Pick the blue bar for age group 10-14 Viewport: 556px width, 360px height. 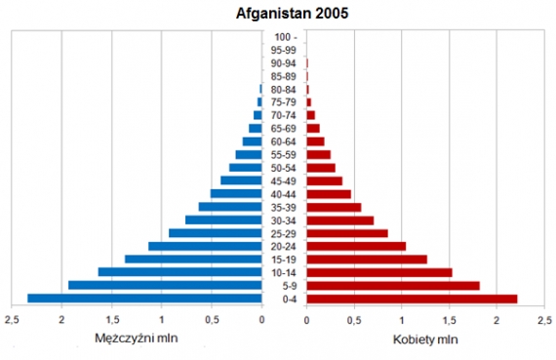click(179, 272)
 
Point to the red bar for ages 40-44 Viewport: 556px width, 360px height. click(329, 193)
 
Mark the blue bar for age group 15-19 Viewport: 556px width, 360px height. click(193, 259)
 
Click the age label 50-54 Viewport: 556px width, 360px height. click(284, 167)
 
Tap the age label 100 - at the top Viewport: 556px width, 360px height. click(284, 36)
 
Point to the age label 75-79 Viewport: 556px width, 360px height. click(284, 101)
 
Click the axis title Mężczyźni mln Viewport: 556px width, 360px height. click(137, 339)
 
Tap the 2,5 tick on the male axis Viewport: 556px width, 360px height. click(13, 318)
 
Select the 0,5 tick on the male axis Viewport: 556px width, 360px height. click(212, 318)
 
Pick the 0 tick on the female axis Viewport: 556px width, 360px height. click(306, 318)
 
